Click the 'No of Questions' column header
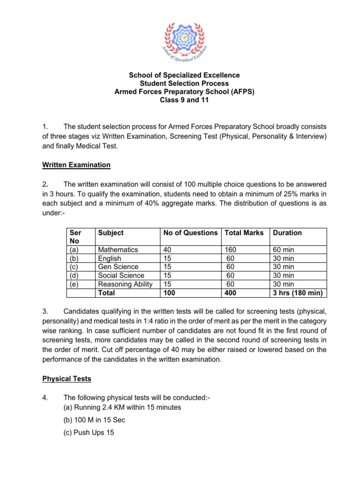(190, 233)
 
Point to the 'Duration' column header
(287, 233)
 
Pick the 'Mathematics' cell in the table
(118, 250)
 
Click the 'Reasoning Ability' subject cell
(125, 284)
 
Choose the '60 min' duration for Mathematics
(284, 250)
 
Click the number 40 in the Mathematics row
(167, 250)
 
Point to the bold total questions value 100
(169, 293)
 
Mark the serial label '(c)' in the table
(74, 267)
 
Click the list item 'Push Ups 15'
(89, 433)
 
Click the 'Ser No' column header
(75, 237)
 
